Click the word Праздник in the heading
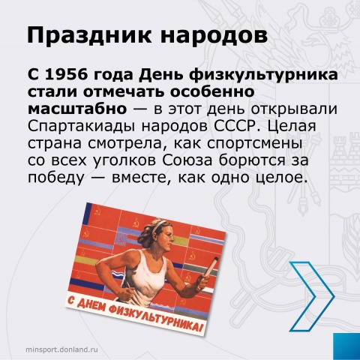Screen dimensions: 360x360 coord(89,35)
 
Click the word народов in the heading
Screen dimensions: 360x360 coord(214,36)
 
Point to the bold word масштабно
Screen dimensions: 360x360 coord(77,109)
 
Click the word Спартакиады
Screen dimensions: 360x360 coord(82,127)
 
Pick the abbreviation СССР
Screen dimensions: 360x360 coord(235,126)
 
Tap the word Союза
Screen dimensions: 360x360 coord(187,160)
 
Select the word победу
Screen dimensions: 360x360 coord(56,178)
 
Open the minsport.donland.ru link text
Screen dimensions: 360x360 coord(61,349)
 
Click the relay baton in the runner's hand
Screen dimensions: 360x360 coord(210,268)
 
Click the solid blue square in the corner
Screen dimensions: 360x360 coord(346,346)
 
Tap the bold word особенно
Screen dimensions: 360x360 coord(212,91)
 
